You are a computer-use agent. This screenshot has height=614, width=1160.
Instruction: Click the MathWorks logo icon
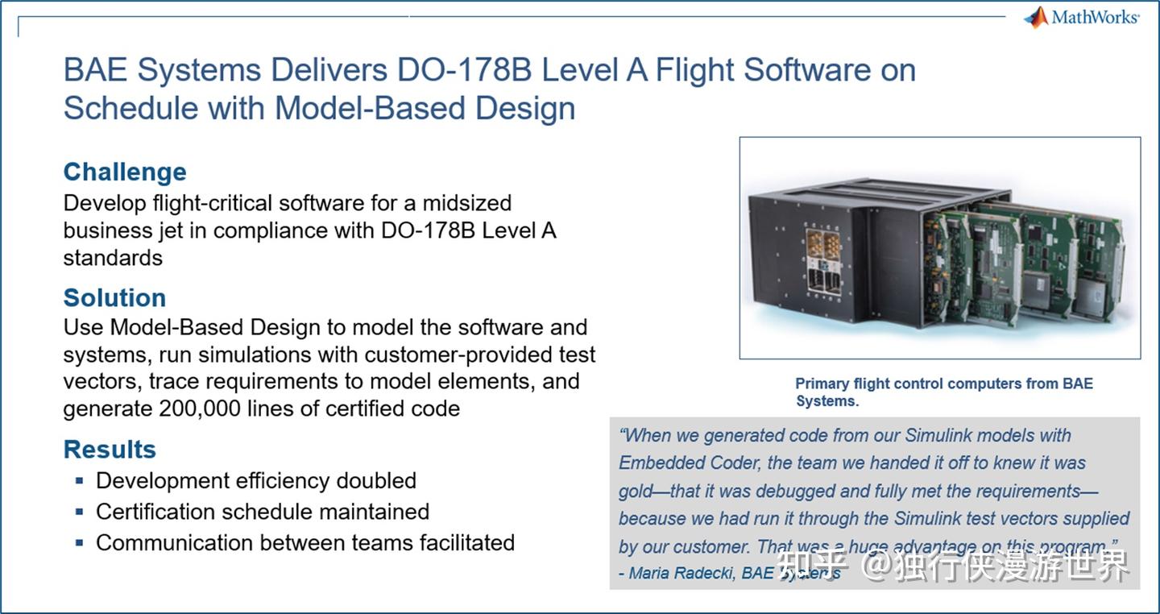click(x=1036, y=18)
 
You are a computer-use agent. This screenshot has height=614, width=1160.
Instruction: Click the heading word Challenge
click(x=125, y=172)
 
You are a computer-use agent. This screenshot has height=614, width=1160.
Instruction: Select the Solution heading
click(x=114, y=297)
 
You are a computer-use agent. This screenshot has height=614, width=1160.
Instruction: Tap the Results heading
click(x=110, y=449)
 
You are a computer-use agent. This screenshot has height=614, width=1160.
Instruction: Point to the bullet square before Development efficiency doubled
click(x=79, y=481)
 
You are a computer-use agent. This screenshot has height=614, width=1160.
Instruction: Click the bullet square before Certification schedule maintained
click(x=79, y=512)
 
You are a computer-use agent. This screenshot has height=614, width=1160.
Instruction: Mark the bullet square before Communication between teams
click(x=79, y=543)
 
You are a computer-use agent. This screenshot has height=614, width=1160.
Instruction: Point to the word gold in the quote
click(x=635, y=491)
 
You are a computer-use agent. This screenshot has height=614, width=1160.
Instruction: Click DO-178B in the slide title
click(x=464, y=71)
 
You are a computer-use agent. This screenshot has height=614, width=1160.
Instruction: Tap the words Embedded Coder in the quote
click(x=689, y=463)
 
